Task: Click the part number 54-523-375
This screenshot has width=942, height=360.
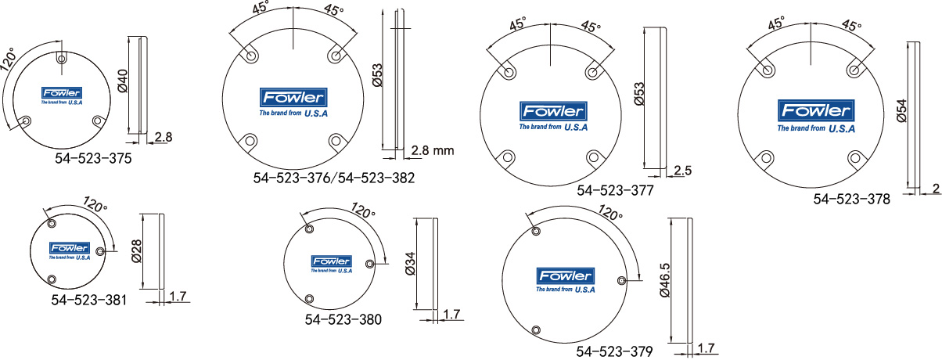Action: [93, 158]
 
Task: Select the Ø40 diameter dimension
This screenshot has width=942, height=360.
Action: [122, 81]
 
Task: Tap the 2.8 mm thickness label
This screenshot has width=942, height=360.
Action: [433, 150]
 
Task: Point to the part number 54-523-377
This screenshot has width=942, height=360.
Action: [615, 190]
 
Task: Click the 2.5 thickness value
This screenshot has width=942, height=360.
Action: [682, 171]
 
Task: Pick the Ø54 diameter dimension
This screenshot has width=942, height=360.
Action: [901, 111]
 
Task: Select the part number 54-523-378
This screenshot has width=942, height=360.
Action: [851, 199]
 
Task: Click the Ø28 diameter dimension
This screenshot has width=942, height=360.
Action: [137, 251]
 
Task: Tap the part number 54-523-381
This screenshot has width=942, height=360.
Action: [88, 300]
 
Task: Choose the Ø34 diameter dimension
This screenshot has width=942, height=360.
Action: [410, 263]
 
